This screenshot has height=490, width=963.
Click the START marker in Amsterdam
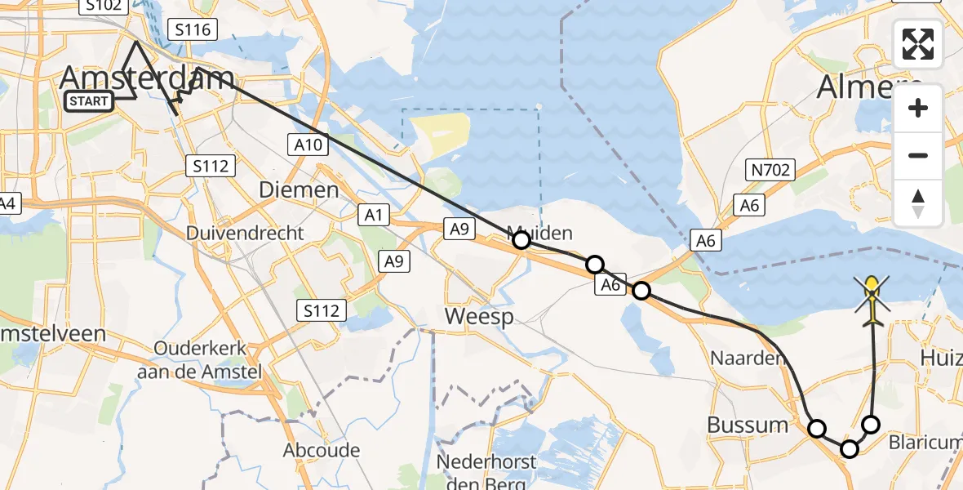click(x=89, y=101)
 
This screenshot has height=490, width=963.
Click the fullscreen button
click(x=918, y=44)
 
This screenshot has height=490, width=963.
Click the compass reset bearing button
click(x=918, y=203)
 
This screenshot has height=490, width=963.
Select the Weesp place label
click(x=480, y=316)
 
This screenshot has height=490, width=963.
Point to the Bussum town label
click(x=748, y=425)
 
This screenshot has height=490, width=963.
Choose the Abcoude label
click(x=322, y=450)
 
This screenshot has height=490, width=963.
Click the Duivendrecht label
click(x=245, y=233)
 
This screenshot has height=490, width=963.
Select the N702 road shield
click(x=769, y=170)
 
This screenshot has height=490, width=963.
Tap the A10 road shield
click(x=309, y=145)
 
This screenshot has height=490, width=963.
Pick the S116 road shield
click(x=193, y=30)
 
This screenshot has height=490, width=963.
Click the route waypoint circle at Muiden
click(x=521, y=240)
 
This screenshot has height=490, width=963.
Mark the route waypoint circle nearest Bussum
click(x=816, y=428)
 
